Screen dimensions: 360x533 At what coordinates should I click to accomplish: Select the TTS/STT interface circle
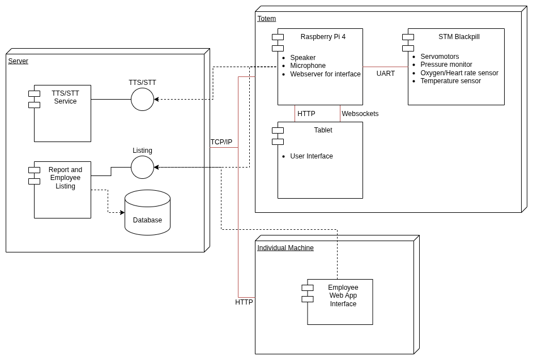(x=142, y=100)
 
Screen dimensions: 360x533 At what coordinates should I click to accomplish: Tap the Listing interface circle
(x=142, y=168)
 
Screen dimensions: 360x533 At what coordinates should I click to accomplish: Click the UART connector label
(x=386, y=74)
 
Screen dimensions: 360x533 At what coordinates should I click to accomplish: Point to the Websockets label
(x=360, y=114)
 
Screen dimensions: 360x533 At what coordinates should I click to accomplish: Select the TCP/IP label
(x=221, y=142)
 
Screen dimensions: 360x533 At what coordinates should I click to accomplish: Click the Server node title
(x=18, y=61)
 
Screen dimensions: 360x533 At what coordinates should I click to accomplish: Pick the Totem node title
(x=266, y=19)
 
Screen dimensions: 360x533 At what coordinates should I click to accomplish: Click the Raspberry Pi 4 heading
(x=323, y=37)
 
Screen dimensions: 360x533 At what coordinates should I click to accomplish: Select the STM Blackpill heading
(x=459, y=37)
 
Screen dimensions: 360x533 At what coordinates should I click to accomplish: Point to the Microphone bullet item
(x=308, y=66)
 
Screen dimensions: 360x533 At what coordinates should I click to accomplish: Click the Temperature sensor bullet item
(x=450, y=81)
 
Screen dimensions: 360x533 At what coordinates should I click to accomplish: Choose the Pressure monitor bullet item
(x=446, y=65)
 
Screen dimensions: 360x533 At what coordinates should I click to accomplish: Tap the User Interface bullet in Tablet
(x=312, y=156)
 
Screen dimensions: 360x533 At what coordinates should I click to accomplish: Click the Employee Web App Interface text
(x=343, y=295)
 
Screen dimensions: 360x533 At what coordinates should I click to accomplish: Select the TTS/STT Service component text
(x=65, y=97)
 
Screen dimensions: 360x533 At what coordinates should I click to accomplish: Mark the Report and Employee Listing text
(x=65, y=178)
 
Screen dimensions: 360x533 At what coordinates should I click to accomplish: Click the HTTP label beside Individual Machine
(x=244, y=302)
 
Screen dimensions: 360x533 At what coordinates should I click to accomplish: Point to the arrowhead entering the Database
(x=122, y=213)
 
